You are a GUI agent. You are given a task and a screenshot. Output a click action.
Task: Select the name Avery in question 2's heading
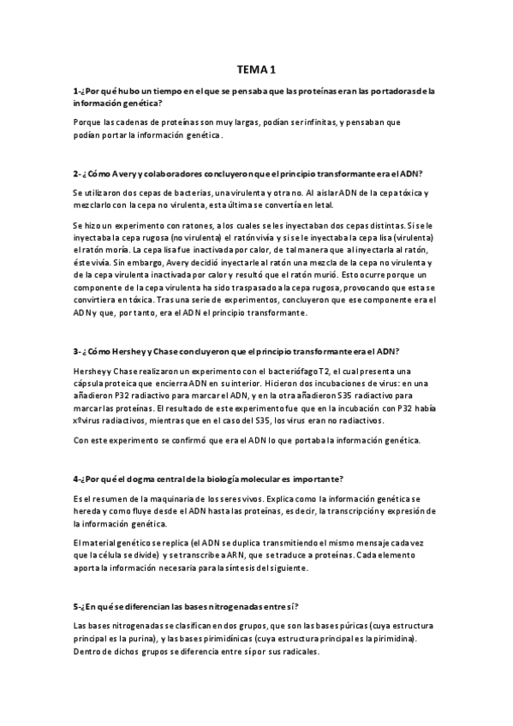(x=126, y=171)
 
